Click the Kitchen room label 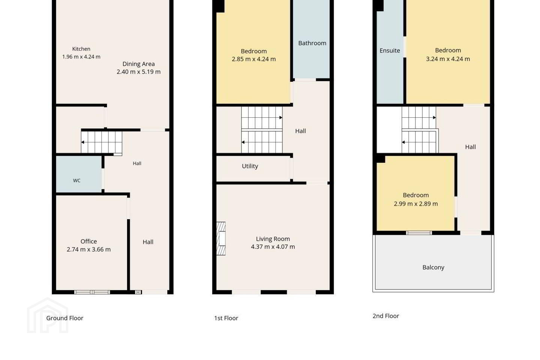tap(81, 49)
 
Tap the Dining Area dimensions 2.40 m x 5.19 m tap(138, 72)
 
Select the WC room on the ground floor tap(79, 174)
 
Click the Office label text tap(89, 241)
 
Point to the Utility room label tap(250, 166)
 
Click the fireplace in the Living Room tap(221, 238)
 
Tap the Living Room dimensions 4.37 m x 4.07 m tap(273, 247)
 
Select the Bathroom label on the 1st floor tap(312, 43)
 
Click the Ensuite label tap(390, 51)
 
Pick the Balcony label tap(433, 267)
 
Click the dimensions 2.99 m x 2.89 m tap(416, 204)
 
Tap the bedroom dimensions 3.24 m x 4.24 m tap(448, 59)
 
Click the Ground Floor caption tap(64, 318)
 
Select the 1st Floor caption tap(226, 318)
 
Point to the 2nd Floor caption tap(386, 316)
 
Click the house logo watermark tap(48, 315)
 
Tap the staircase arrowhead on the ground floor tap(82, 142)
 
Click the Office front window tap(92, 292)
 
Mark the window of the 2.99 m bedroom tap(419, 232)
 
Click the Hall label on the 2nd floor tap(470, 147)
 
